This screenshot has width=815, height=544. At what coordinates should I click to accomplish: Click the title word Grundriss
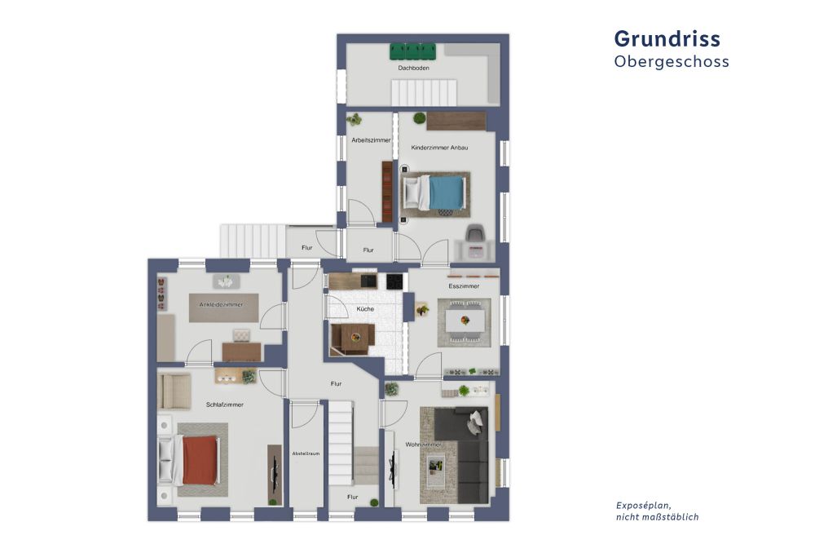[667, 38]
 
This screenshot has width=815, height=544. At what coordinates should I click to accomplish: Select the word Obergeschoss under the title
[671, 62]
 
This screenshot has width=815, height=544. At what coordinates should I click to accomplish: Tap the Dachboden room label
[413, 69]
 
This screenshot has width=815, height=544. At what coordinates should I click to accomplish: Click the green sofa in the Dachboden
[413, 51]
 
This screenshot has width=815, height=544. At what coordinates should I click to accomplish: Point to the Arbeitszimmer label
[371, 140]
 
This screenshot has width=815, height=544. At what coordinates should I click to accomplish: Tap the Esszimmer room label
[464, 286]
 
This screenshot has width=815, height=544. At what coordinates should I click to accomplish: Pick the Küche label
[364, 309]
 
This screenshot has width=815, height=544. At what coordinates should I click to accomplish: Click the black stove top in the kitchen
[394, 281]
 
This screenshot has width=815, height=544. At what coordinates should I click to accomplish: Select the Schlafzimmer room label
[225, 405]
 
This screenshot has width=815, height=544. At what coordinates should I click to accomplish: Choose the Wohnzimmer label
[423, 444]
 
